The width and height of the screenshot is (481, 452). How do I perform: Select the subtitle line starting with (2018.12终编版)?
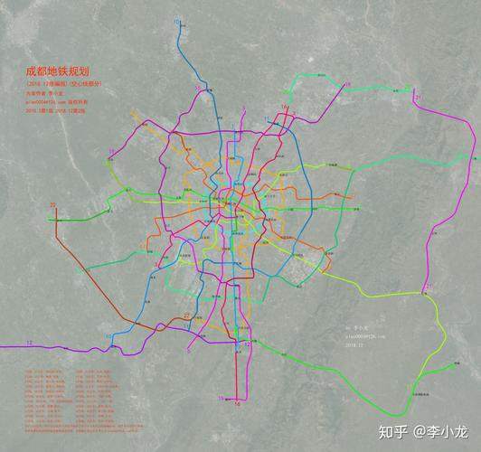point(61,83)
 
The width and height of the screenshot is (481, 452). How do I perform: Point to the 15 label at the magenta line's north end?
point(197,87)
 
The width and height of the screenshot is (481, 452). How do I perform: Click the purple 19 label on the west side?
point(110,150)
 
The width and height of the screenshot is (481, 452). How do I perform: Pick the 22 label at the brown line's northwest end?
point(52,205)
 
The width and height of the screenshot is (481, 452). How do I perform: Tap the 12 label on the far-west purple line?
point(30,342)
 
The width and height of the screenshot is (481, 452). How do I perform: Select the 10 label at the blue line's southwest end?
point(108,336)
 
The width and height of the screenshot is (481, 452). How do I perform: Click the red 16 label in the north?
point(283,108)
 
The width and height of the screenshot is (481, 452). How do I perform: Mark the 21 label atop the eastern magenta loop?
point(417,94)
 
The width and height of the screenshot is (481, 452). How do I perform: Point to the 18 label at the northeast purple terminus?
point(346,84)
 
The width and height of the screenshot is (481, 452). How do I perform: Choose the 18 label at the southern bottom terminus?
point(237,404)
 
